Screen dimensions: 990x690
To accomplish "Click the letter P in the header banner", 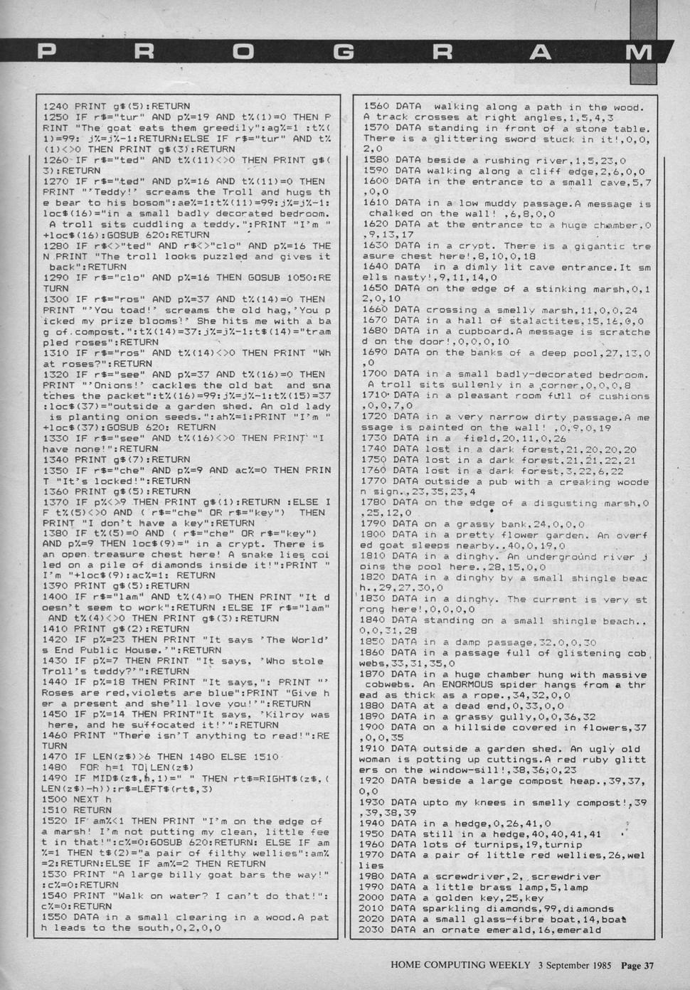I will pyautogui.click(x=47, y=52).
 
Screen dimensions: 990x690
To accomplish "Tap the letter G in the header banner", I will pyautogui.click(x=344, y=52).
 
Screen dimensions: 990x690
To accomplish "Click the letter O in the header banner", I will pyautogui.click(x=243, y=52).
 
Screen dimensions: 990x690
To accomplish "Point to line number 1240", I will pyautogui.click(x=57, y=107).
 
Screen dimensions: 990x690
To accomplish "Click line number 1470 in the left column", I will pyautogui.click(x=57, y=757).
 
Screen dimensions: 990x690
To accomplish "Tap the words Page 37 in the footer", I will pyautogui.click(x=637, y=965).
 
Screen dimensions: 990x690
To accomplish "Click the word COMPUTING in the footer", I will pyautogui.click(x=462, y=965).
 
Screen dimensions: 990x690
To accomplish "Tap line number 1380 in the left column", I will pyautogui.click(x=57, y=533).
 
